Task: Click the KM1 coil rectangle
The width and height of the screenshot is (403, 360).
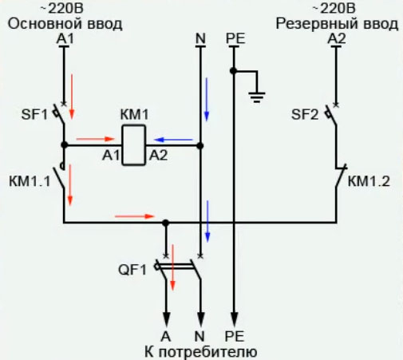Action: (x=133, y=146)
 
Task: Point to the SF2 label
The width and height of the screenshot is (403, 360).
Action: (x=305, y=115)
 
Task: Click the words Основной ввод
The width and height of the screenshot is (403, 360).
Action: (x=65, y=24)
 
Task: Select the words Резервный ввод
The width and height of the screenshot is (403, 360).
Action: (x=337, y=24)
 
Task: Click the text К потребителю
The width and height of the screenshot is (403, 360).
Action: (x=200, y=351)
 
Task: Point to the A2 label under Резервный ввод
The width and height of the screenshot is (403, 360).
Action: (x=337, y=38)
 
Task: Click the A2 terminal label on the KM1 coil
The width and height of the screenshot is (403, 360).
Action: (x=159, y=157)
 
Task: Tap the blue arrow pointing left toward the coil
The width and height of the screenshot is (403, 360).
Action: (x=174, y=139)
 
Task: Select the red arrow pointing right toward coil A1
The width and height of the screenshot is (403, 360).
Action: (x=89, y=139)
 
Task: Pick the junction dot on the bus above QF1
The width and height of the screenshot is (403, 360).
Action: (x=165, y=223)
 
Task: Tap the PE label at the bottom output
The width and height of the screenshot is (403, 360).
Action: (x=234, y=336)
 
